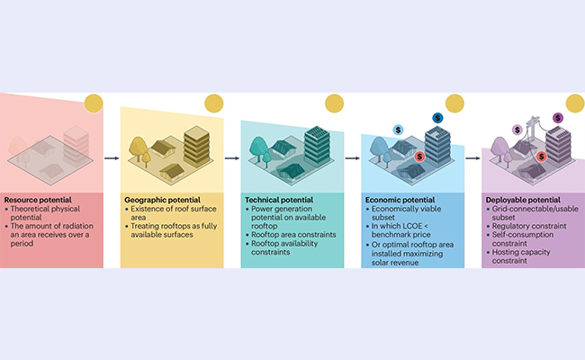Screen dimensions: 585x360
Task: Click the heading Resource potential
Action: [38, 200]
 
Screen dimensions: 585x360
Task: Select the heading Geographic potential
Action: [162, 200]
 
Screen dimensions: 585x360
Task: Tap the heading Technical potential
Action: [279, 200]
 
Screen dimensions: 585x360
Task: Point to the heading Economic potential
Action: [400, 200]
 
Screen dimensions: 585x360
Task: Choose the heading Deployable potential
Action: [523, 200]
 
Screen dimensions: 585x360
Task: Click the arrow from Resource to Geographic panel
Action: [112, 158]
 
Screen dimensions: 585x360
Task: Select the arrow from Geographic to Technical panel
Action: [232, 158]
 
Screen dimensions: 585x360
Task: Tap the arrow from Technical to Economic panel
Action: [353, 158]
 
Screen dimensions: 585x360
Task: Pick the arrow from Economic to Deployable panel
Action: [473, 158]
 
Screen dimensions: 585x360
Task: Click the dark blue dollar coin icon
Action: [437, 118]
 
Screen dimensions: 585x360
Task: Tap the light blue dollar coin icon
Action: [399, 130]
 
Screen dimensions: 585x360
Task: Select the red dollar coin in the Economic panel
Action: [419, 157]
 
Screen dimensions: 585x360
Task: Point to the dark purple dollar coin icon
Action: [558, 118]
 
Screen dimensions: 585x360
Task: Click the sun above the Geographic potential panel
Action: [214, 103]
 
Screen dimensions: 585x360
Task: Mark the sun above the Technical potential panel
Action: [334, 103]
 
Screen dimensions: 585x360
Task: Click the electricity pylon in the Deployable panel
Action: [533, 129]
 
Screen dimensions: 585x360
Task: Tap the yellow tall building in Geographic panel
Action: [197, 146]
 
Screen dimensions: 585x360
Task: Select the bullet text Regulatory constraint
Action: [529, 226]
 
